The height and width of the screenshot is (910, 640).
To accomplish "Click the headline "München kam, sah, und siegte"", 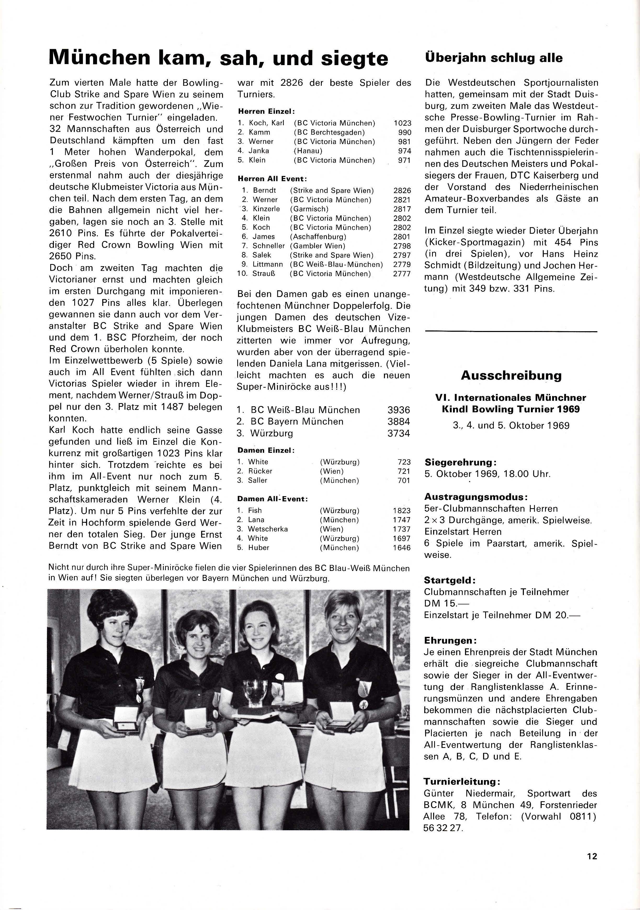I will point(218,58).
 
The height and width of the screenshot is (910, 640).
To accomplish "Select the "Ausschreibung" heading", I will point(511,375).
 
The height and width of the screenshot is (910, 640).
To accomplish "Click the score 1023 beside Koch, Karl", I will point(403,123).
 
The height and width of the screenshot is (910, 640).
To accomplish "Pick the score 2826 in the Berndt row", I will point(402,191).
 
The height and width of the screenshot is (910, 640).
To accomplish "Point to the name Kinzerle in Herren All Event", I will point(267,209).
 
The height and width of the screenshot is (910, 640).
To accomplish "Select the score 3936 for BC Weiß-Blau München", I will point(399,410).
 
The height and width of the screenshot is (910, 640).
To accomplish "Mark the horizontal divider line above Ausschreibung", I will point(511,331).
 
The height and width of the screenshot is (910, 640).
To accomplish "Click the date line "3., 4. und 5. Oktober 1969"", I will point(511,426).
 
